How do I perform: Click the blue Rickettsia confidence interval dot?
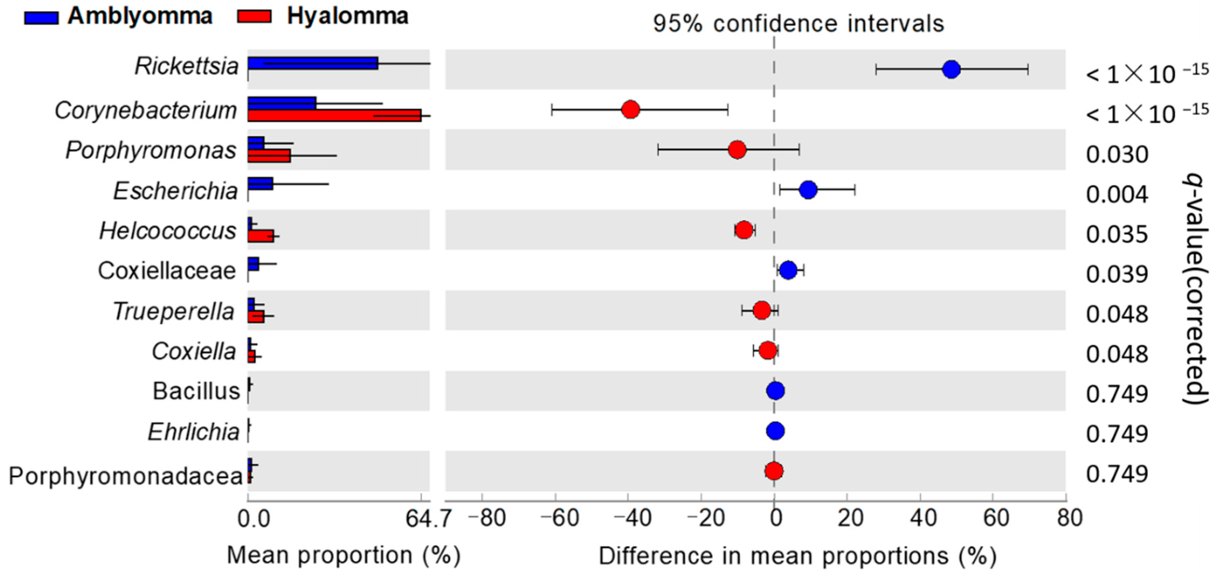click(x=951, y=70)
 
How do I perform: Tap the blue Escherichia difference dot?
click(x=808, y=190)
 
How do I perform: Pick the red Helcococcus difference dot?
click(x=744, y=230)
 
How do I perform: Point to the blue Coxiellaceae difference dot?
click(x=788, y=270)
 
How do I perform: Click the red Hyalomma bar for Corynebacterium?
click(x=334, y=116)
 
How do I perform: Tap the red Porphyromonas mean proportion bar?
click(x=269, y=156)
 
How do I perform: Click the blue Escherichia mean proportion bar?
click(x=260, y=184)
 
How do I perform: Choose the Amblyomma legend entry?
click(x=118, y=17)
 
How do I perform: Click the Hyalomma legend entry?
click(x=323, y=17)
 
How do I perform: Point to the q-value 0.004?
click(x=1117, y=195)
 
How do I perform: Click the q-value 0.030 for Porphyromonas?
click(x=1117, y=155)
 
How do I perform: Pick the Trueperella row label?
click(x=174, y=312)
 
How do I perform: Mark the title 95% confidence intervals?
click(x=798, y=24)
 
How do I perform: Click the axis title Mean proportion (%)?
click(x=343, y=555)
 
